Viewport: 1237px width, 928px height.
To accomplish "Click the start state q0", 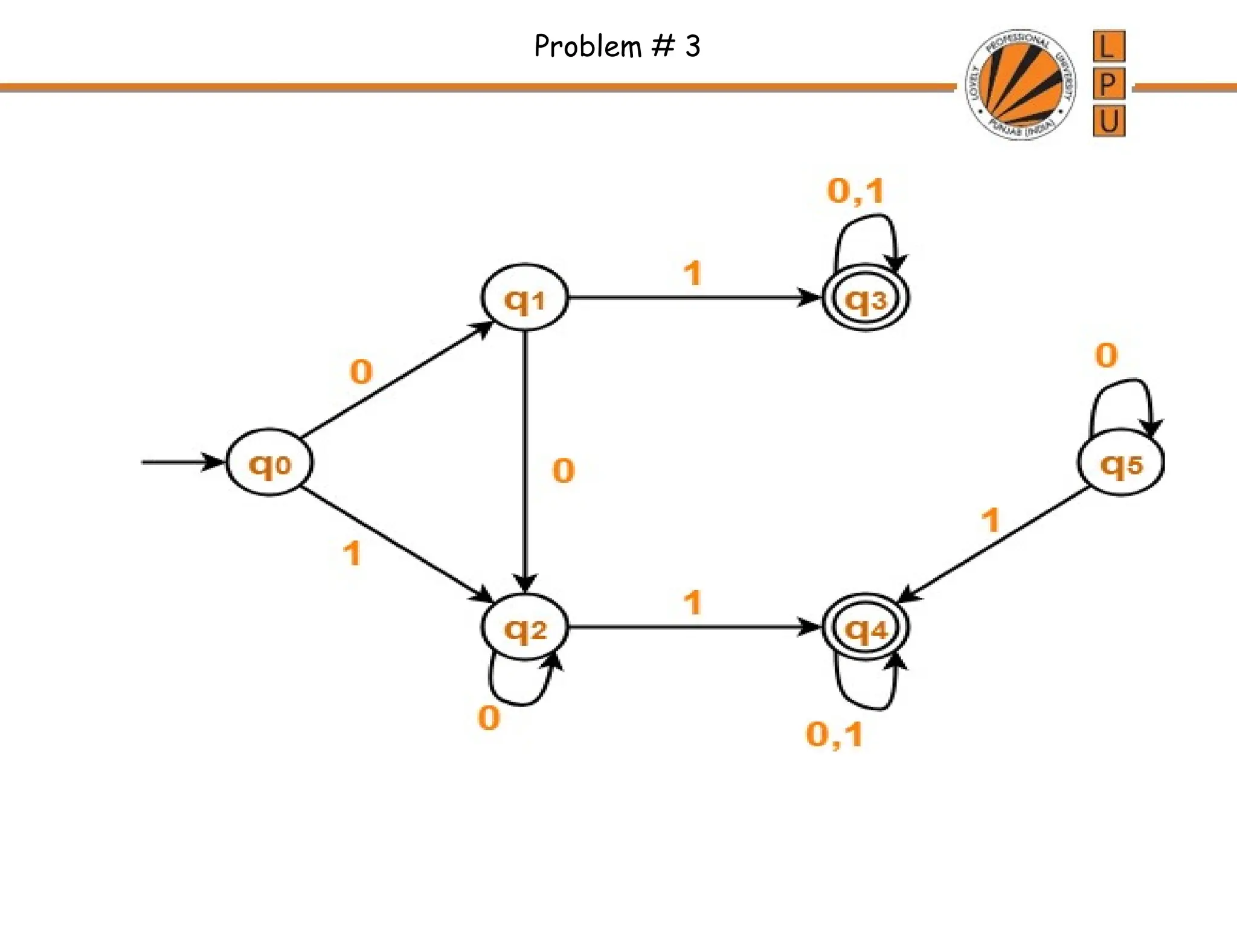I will tap(269, 463).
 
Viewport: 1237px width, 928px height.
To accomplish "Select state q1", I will tap(524, 298).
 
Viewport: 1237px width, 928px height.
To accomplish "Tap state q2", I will tap(524, 628).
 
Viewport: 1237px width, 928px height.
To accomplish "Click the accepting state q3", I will tap(866, 298).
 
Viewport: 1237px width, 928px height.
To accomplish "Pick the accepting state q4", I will tap(866, 628).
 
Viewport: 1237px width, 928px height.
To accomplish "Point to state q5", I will tap(1121, 463).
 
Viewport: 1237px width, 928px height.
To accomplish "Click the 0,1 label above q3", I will tap(855, 192).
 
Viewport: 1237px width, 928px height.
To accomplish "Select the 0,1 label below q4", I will tap(834, 735).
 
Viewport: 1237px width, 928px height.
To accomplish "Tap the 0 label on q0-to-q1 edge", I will tap(361, 371).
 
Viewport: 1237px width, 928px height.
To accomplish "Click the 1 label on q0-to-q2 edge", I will tap(352, 553).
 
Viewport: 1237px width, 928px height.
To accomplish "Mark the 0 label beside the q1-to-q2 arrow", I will tap(563, 471).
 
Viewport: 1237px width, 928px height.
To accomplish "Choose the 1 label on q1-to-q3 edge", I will tap(693, 273).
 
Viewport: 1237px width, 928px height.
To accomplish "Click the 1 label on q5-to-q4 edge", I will tap(991, 520).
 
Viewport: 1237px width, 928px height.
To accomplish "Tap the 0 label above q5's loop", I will tap(1106, 355).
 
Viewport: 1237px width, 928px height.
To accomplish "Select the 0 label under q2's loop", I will tap(489, 718).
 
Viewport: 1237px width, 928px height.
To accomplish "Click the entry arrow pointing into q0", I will tap(181, 462).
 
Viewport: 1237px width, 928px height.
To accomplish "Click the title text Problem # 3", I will tap(617, 46).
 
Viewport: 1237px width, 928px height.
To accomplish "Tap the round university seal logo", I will tap(1020, 84).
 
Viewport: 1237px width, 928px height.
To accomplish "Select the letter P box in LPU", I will tap(1108, 83).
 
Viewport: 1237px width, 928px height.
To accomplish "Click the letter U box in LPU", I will tap(1108, 121).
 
